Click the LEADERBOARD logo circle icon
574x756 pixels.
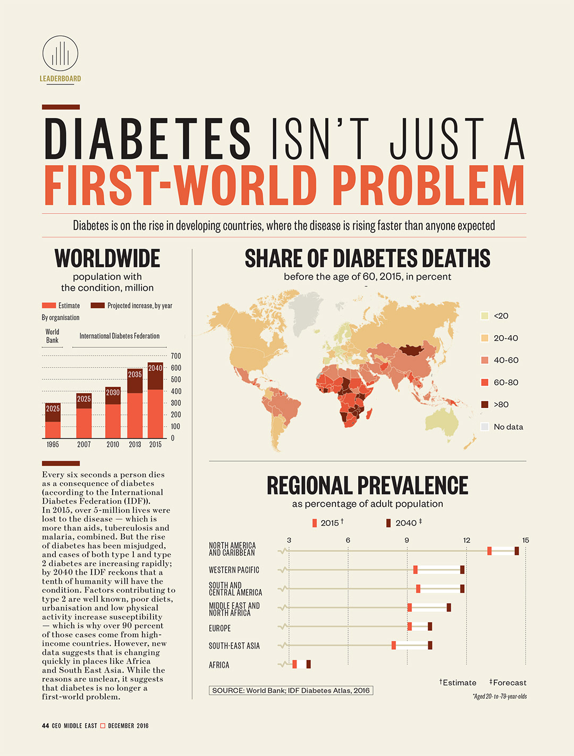tap(60, 53)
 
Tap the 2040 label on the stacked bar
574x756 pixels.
tap(155, 368)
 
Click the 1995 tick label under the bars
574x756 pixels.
tap(53, 444)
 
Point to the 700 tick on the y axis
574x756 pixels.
tap(176, 356)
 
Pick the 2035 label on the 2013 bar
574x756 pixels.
tap(135, 375)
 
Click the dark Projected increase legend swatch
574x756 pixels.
tap(97, 305)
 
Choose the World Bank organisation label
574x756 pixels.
tap(52, 336)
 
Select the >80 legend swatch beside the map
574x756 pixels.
tap(484, 404)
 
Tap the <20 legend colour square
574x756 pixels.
tap(484, 316)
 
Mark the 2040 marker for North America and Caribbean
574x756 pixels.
tap(517, 551)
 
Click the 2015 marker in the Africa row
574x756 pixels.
tap(294, 664)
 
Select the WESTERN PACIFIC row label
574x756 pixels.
tap(234, 570)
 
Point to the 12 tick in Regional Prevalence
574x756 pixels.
tap(467, 540)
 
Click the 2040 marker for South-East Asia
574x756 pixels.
tap(430, 645)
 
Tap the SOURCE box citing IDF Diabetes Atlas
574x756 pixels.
tap(291, 691)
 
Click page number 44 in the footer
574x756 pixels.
tap(45, 726)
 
